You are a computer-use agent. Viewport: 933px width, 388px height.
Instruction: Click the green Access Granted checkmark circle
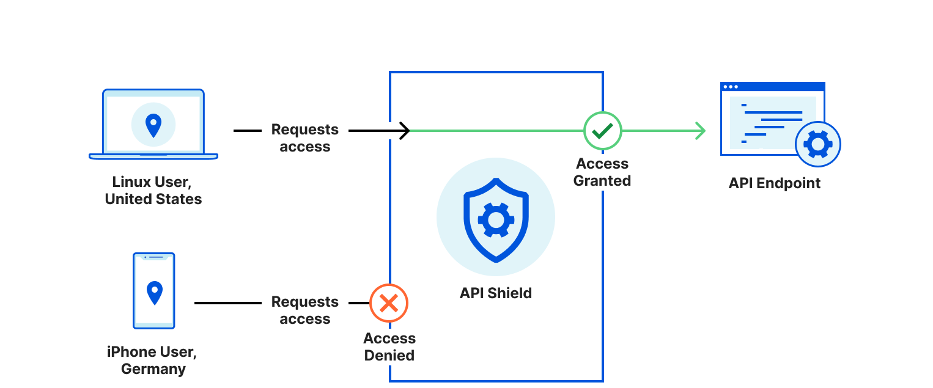pos(602,130)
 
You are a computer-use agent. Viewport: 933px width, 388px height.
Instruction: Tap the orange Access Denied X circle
pos(389,303)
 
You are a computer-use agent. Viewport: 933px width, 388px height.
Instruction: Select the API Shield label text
pos(495,293)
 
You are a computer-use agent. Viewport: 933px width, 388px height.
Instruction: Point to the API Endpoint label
pos(774,183)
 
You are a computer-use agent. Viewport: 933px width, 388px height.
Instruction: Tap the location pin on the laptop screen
pos(153,125)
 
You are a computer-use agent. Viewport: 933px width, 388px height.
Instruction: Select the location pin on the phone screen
pos(155,293)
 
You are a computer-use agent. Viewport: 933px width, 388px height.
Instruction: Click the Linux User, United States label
pos(153,190)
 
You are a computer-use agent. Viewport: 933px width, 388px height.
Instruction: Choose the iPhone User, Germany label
pos(153,361)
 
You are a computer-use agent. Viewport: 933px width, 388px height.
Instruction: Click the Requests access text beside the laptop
pos(304,138)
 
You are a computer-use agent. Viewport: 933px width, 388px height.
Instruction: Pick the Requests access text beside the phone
pos(304,310)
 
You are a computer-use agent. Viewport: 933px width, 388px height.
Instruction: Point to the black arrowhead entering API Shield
pos(405,130)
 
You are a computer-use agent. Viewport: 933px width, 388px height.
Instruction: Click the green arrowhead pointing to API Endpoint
pos(701,130)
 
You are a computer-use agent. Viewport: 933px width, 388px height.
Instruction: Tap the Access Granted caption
pos(602,172)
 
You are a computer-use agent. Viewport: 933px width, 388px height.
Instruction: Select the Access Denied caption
pos(389,347)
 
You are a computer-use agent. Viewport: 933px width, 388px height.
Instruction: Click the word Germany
pos(153,369)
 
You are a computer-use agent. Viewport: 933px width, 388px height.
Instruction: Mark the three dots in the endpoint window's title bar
pos(731,87)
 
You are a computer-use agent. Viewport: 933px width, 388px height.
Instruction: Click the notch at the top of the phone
pos(154,257)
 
